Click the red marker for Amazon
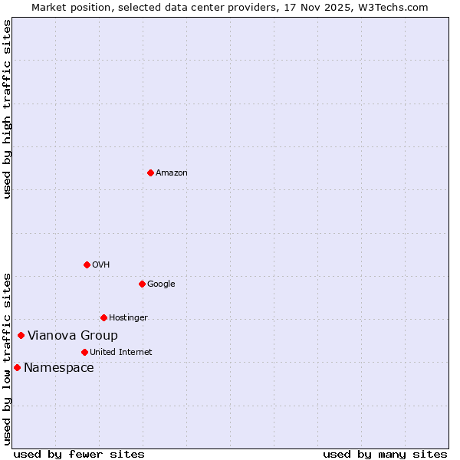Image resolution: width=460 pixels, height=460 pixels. pos(150,172)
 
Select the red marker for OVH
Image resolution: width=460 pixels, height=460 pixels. pos(87,264)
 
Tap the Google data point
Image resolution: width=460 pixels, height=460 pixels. pos(142,284)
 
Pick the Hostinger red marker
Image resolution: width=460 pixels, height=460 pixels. pos(103,317)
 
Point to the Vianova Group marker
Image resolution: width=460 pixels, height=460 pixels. pos(21,335)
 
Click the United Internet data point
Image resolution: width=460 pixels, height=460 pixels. pos(84,352)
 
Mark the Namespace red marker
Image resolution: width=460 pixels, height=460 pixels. pos(17,367)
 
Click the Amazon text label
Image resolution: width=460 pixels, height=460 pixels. pos(171,173)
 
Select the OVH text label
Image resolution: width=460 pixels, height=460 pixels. pos(100,265)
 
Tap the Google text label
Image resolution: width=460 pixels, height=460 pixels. pos(161,284)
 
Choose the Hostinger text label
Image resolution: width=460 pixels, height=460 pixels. pos(128,318)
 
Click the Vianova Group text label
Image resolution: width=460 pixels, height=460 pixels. pos(73,336)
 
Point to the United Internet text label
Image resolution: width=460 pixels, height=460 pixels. pos(120,353)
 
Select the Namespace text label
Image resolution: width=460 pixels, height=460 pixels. pos(59,368)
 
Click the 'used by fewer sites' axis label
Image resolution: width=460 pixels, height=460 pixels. pos(79,454)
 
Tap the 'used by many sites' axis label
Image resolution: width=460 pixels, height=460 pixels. pos(385,454)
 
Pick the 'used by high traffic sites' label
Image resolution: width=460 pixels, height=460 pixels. pos(7,109)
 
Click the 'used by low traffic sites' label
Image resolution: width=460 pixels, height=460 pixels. pos(7,359)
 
